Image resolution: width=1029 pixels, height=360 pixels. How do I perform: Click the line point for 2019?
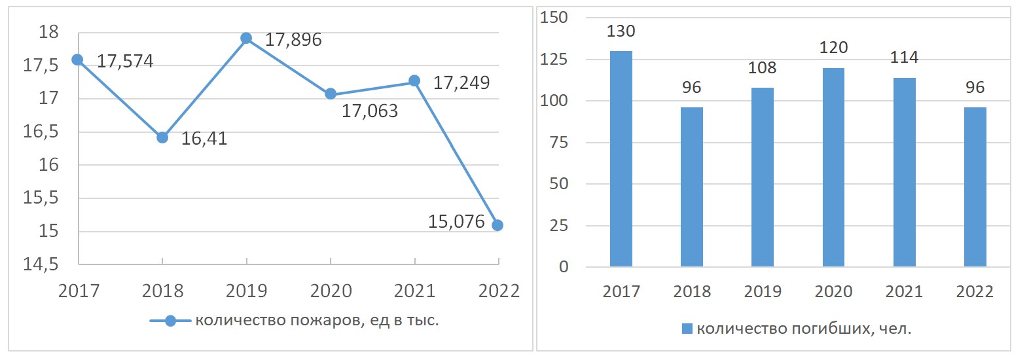[246, 39]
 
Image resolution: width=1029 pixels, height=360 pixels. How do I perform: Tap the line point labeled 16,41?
[162, 137]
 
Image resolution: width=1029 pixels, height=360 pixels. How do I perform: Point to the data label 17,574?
[125, 62]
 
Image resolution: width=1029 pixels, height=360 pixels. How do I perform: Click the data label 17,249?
[461, 83]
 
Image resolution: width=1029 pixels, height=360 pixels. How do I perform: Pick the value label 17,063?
[370, 111]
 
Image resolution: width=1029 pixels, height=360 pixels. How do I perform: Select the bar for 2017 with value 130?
[621, 159]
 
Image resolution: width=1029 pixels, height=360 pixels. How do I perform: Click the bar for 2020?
[833, 168]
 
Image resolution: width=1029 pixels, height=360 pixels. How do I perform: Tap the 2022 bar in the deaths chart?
[975, 187]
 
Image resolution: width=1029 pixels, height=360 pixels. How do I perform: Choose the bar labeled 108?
[763, 177]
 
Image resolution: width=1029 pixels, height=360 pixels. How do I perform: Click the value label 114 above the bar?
[904, 58]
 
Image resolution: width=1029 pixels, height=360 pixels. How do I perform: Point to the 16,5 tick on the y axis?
[41, 132]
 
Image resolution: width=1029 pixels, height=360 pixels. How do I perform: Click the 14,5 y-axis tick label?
[41, 264]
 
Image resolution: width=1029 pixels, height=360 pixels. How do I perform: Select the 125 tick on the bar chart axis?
[554, 60]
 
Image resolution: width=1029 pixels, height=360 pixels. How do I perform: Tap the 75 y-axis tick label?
[558, 143]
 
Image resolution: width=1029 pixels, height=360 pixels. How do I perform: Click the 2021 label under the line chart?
[415, 291]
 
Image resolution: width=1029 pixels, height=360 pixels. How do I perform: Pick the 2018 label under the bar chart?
[692, 292]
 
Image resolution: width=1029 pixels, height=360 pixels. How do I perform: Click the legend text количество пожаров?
[317, 321]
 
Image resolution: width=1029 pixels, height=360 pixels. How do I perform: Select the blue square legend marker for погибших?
[687, 329]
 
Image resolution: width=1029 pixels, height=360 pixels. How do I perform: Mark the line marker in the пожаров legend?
[170, 321]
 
